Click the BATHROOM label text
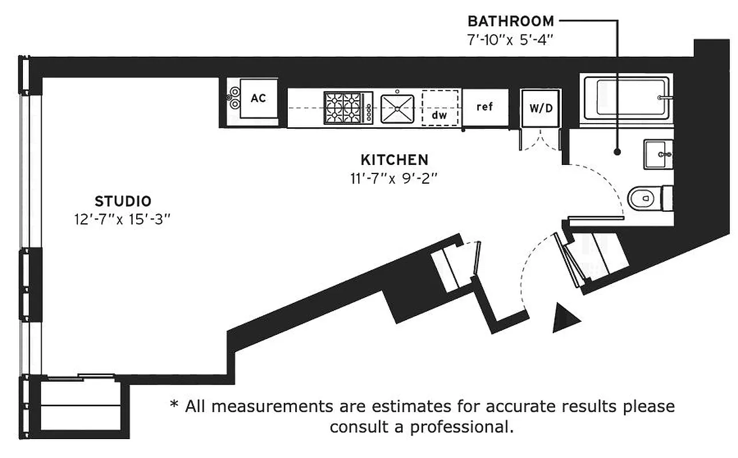(x=510, y=22)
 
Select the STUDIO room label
(x=123, y=202)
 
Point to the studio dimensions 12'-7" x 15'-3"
(x=123, y=220)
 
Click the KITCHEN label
(x=394, y=159)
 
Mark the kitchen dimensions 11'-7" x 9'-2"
(x=394, y=178)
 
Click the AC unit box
(x=259, y=99)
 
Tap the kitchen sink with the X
(x=396, y=108)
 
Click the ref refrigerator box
(x=485, y=107)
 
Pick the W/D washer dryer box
(x=541, y=108)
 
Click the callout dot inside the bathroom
(x=617, y=152)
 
